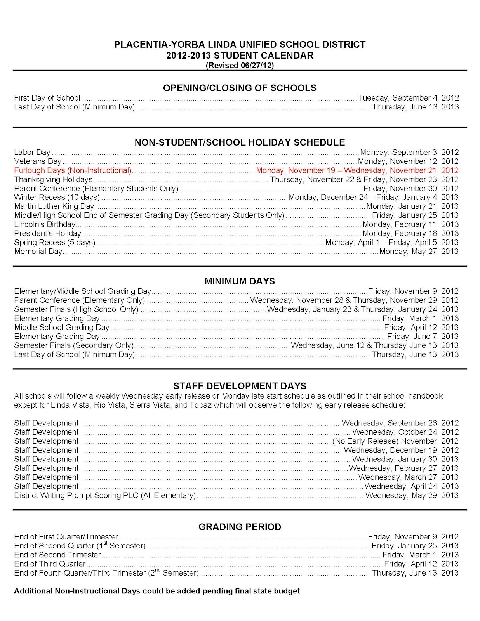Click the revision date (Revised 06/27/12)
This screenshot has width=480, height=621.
click(x=240, y=66)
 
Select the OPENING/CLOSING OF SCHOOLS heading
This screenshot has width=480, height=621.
click(x=240, y=88)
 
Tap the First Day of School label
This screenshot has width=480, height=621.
click(x=47, y=98)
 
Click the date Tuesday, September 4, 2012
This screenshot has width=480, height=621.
click(x=408, y=98)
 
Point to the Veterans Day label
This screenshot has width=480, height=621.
click(x=38, y=161)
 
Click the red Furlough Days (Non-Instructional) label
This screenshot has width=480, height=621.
click(x=73, y=170)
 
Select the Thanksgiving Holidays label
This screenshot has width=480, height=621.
click(x=53, y=179)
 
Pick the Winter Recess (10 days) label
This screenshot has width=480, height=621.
click(x=57, y=198)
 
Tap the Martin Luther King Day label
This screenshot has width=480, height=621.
click(x=54, y=206)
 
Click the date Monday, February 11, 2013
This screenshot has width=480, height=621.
click(x=410, y=224)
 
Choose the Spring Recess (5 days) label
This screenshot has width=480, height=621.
click(x=55, y=243)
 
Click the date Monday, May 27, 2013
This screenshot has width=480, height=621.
click(x=419, y=252)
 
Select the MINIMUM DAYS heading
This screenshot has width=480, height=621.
click(x=240, y=281)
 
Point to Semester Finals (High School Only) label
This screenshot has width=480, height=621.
click(x=76, y=309)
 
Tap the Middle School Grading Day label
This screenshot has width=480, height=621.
click(x=62, y=328)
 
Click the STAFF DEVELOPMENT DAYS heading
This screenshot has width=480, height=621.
click(x=240, y=386)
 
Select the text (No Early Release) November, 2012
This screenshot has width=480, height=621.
click(x=395, y=441)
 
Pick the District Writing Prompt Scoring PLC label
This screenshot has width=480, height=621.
click(x=105, y=496)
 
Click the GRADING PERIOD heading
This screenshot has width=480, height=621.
click(x=240, y=527)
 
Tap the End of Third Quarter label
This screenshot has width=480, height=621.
click(x=50, y=564)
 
